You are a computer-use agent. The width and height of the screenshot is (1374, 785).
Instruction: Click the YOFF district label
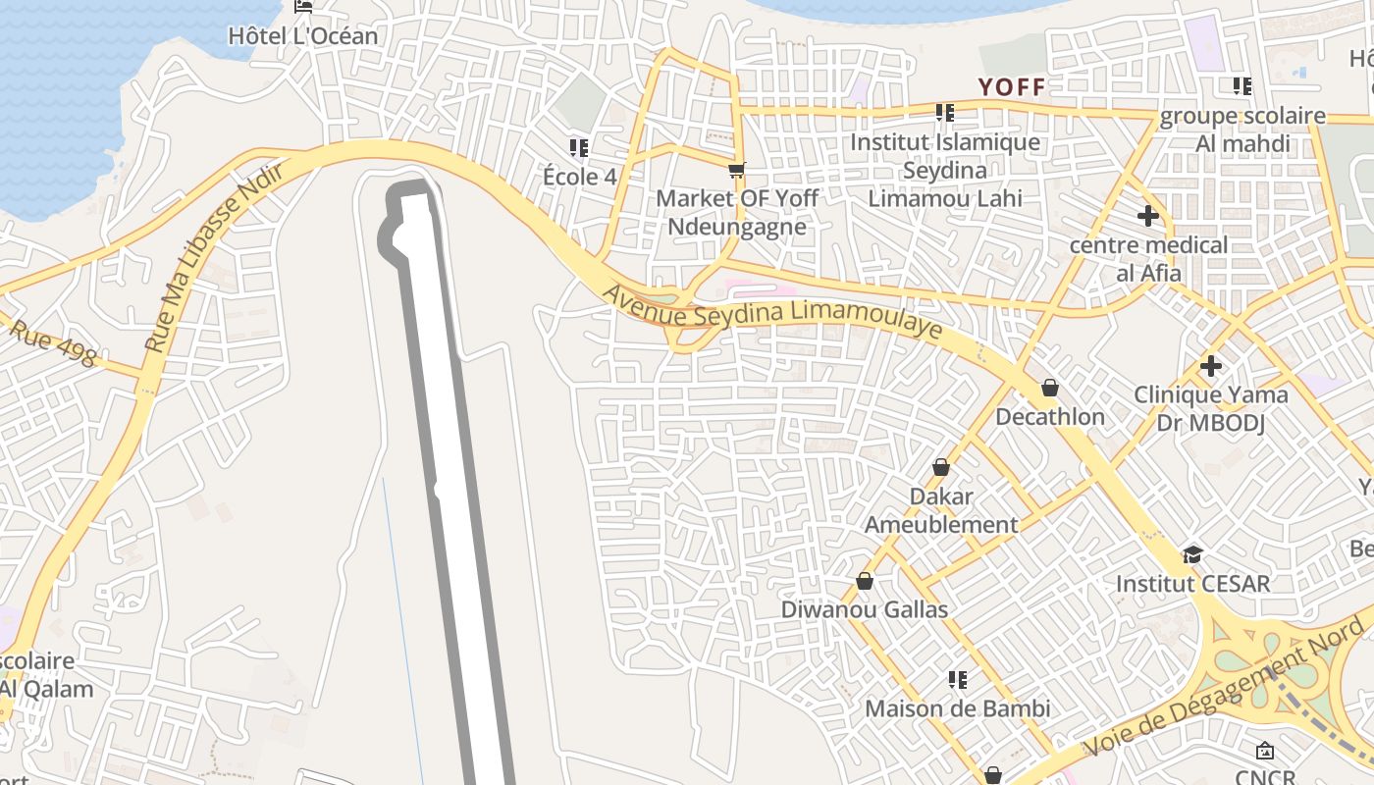tap(1012, 86)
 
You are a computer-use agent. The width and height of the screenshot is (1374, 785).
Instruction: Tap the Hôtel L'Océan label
tap(302, 36)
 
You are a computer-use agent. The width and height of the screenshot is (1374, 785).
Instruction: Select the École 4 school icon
tap(579, 148)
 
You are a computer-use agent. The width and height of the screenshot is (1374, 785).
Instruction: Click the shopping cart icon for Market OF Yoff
tap(737, 170)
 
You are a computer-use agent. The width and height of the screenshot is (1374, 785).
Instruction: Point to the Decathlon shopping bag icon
tap(1050, 388)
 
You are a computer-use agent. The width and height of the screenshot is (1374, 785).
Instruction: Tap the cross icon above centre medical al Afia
tap(1148, 216)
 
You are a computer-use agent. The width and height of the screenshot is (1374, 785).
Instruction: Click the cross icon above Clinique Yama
tap(1211, 366)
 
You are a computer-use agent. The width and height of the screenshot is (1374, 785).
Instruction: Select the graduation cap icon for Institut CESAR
tap(1192, 555)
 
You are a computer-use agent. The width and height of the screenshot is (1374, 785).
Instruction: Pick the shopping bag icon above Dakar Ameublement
tap(941, 467)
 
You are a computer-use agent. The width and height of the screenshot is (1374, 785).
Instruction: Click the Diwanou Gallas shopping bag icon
tap(865, 581)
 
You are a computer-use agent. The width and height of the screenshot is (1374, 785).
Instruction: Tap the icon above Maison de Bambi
tap(958, 679)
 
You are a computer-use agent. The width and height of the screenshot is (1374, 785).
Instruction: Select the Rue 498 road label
tap(54, 342)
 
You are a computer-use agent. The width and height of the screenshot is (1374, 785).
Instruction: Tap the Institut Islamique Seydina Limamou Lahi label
tap(945, 170)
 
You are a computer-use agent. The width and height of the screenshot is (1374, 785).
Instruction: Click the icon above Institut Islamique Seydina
tap(945, 113)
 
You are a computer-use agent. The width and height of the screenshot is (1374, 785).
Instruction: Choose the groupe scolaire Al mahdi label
tap(1242, 130)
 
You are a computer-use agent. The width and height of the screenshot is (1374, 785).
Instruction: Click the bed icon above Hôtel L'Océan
tap(303, 6)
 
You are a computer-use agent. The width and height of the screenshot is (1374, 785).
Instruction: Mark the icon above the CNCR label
tap(1265, 751)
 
